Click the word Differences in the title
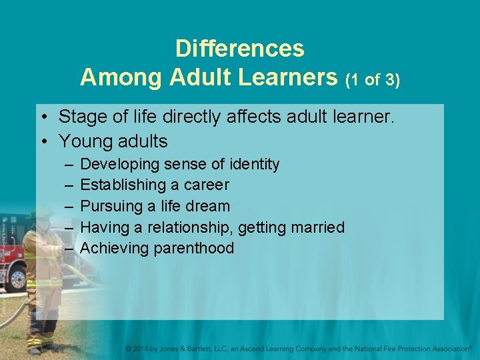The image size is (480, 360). [240, 49]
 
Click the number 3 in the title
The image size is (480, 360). [391, 80]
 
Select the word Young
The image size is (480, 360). [83, 141]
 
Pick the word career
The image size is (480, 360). [206, 185]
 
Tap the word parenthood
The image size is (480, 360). [194, 249]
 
